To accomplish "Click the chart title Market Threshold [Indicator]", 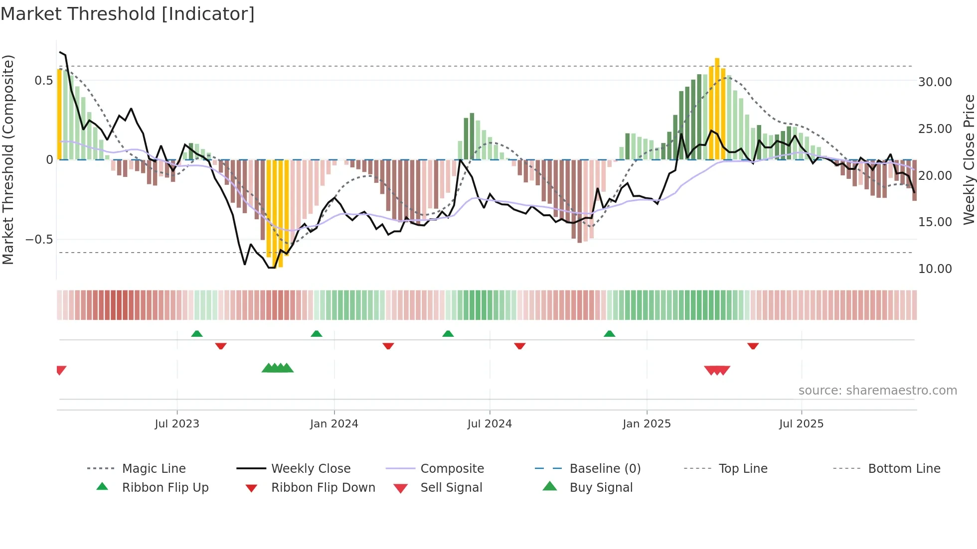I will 128,14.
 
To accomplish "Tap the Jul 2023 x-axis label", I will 176,424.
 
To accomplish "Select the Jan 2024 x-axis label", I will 333,424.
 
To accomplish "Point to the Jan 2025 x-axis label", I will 647,424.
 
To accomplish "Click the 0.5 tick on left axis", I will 43,81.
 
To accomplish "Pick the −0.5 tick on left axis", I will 39,240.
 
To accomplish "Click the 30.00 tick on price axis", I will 935,82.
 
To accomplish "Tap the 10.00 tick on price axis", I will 935,269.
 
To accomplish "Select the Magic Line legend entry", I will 154,469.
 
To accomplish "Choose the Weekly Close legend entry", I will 311,469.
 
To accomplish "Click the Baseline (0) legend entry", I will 605,469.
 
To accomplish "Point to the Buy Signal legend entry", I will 601,488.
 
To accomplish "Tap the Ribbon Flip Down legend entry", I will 323,488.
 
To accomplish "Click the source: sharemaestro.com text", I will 877,391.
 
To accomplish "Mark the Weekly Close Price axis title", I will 969,159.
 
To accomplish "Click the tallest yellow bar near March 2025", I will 717,100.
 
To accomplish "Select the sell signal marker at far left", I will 61,370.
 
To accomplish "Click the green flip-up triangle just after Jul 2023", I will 197,334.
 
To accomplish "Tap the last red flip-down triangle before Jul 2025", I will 753,346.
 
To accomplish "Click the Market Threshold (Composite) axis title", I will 8,159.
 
